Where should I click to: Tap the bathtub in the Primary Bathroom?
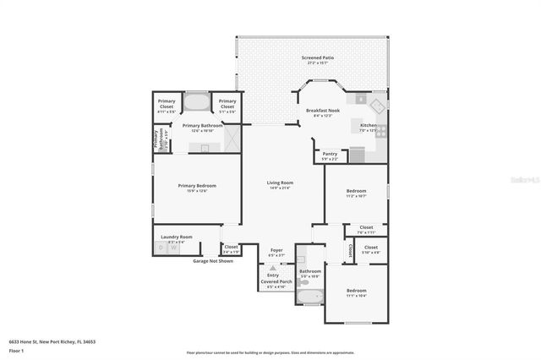click(x=197, y=103)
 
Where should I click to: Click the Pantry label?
click(x=330, y=155)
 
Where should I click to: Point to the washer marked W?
click(x=173, y=248)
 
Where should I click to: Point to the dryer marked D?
click(x=161, y=248)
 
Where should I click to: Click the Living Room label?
click(x=280, y=184)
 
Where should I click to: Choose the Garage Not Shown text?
click(x=213, y=261)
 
